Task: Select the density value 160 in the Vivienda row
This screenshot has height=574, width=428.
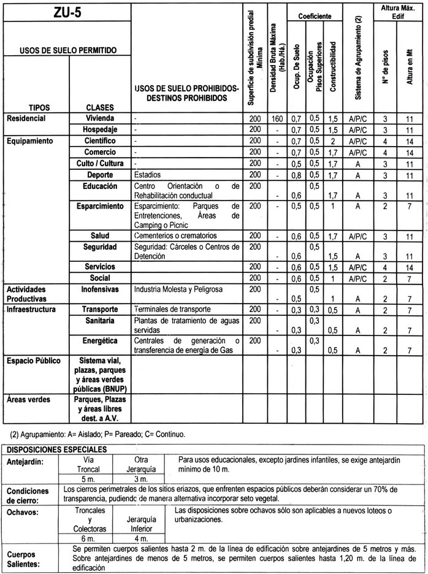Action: point(277,118)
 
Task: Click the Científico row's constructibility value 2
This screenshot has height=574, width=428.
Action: point(331,141)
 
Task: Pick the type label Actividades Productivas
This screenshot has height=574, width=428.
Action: point(29,292)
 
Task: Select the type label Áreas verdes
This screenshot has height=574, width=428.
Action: point(26,398)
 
